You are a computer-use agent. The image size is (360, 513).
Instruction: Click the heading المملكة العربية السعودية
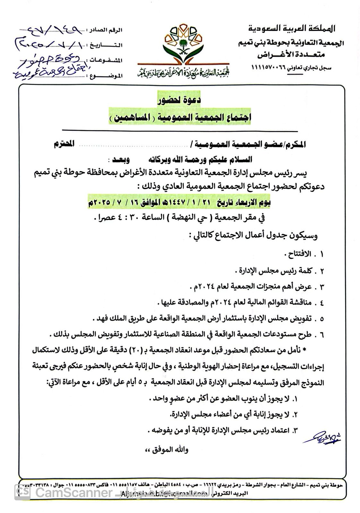pyautogui.click(x=291, y=29)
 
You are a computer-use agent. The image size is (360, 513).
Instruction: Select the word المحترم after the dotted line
pyautogui.click(x=64, y=144)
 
